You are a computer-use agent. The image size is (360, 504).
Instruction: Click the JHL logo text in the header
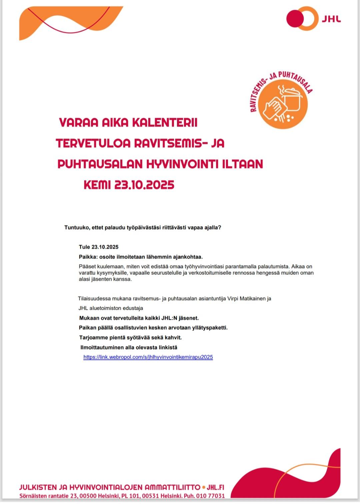[x=331, y=19]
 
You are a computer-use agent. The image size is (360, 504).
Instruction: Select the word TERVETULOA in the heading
[x=93, y=143]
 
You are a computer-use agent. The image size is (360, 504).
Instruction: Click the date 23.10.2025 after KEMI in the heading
[x=144, y=185]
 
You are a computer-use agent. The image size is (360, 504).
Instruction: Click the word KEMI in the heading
[x=97, y=185]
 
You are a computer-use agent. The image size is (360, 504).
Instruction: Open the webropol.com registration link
[x=148, y=357]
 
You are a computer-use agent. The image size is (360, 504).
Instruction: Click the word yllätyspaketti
[x=210, y=328]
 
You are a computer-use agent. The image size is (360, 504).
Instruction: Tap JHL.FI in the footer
[x=215, y=487]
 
